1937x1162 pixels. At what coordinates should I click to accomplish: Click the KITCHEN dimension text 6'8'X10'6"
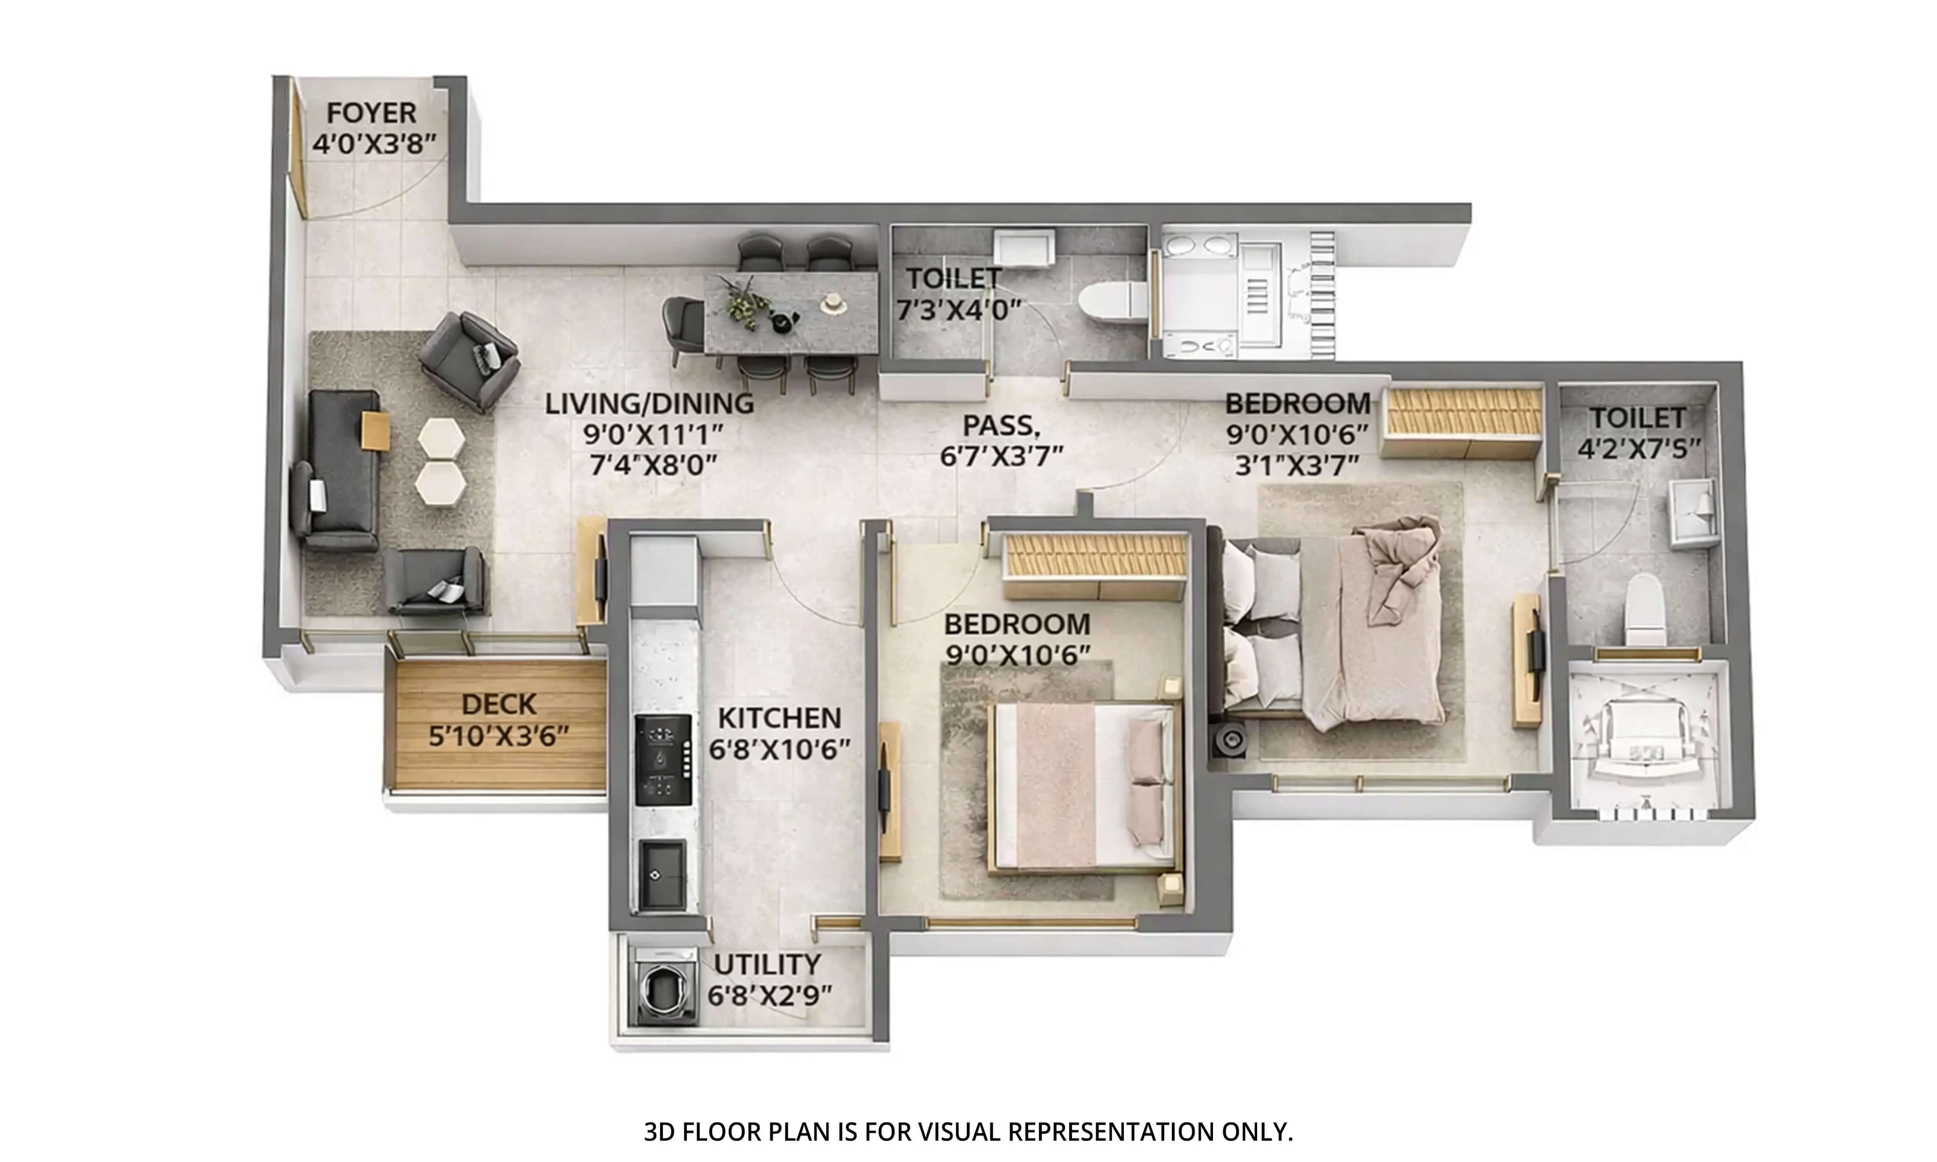[779, 749]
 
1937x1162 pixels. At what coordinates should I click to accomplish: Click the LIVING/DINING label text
[649, 404]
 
